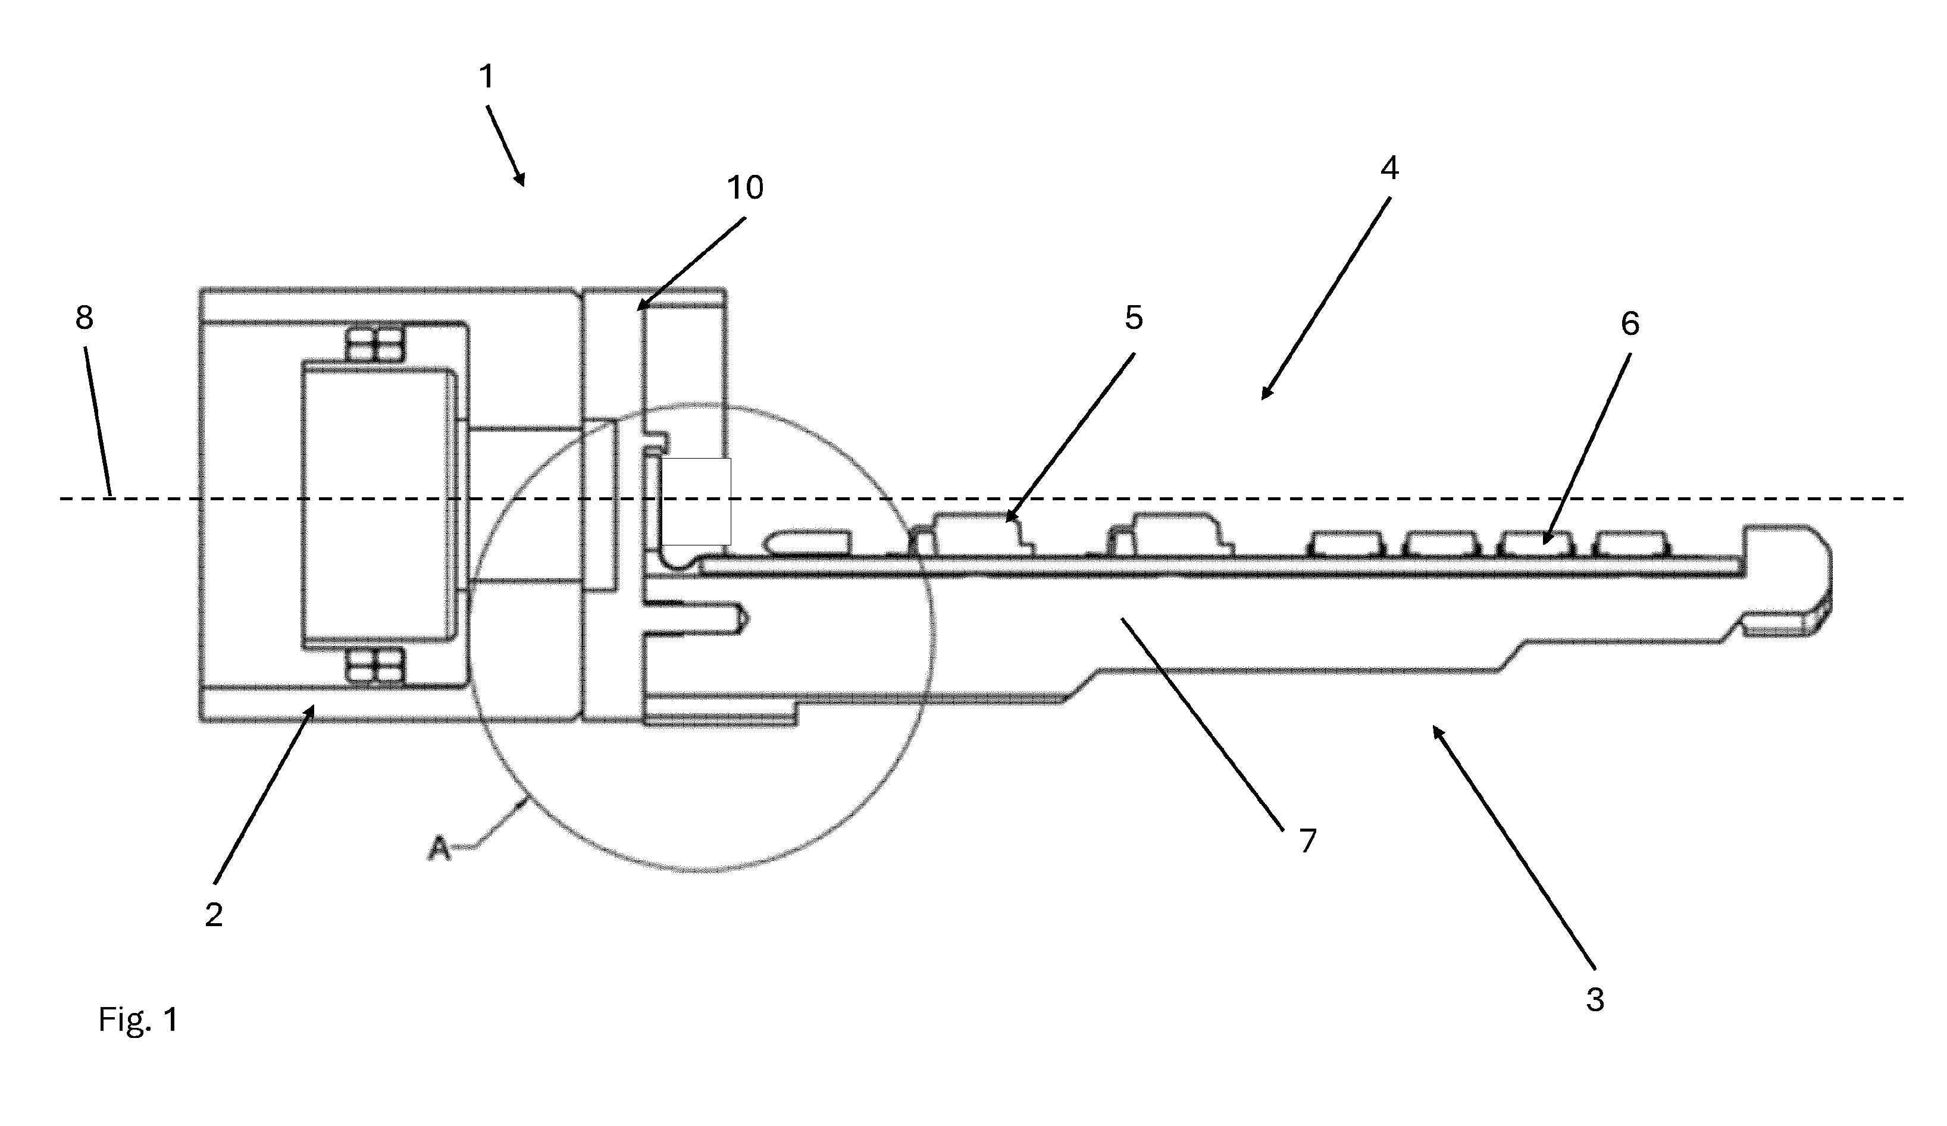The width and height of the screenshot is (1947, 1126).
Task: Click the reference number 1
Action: (x=486, y=77)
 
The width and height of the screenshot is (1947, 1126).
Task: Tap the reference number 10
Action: (x=746, y=188)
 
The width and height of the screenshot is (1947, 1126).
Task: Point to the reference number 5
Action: (x=1134, y=318)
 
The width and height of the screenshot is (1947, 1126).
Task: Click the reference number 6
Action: (x=1629, y=324)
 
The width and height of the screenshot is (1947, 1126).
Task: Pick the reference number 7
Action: (x=1307, y=840)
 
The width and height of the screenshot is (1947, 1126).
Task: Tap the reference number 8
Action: (x=84, y=316)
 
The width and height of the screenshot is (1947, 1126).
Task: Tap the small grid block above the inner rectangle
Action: (x=375, y=344)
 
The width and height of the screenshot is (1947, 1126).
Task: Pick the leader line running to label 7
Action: (x=1201, y=723)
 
